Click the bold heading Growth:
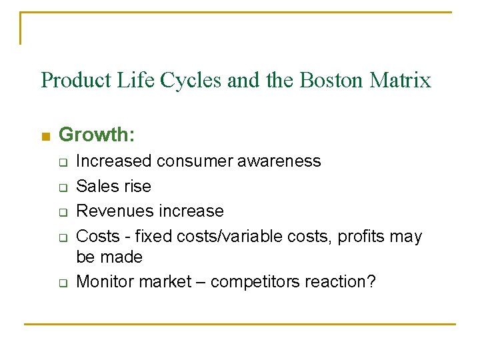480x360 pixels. (x=97, y=135)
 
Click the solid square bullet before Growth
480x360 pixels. (x=45, y=137)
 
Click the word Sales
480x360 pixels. (x=96, y=186)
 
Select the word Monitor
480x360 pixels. (x=105, y=282)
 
